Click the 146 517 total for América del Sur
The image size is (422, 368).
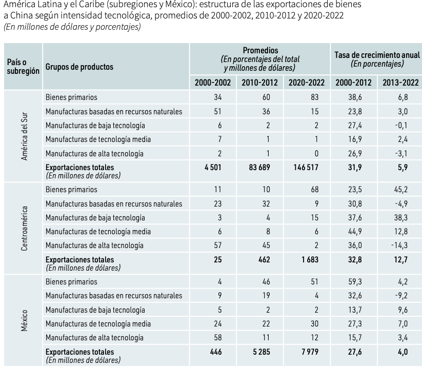click(x=306, y=167)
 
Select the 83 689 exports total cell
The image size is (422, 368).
click(x=259, y=167)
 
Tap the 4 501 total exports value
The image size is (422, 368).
click(x=213, y=167)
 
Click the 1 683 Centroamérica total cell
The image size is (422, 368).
click(x=310, y=259)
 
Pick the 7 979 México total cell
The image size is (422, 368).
click(x=310, y=352)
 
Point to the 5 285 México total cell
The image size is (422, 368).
click(x=262, y=352)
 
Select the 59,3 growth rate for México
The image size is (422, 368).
click(x=355, y=282)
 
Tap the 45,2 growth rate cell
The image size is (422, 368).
click(x=401, y=189)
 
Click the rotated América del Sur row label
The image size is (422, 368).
click(x=24, y=136)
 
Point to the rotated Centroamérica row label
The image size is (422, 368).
click(x=24, y=229)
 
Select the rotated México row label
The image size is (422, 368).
click(x=24, y=321)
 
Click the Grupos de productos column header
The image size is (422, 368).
click(x=79, y=67)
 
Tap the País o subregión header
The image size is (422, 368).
click(x=23, y=67)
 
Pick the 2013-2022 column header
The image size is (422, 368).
click(x=401, y=83)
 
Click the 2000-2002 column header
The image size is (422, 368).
click(x=213, y=83)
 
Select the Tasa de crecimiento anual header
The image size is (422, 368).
click(x=377, y=55)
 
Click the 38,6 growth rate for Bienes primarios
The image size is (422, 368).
click(x=355, y=97)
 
